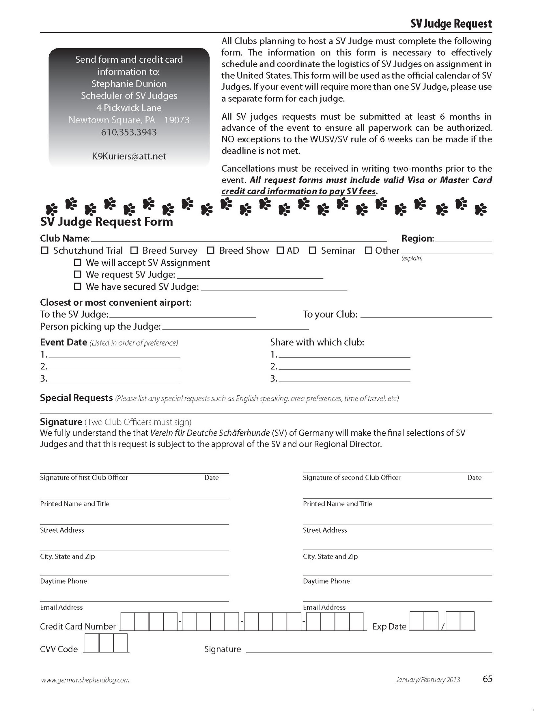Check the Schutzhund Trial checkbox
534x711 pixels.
point(45,250)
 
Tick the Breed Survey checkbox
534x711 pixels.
point(134,250)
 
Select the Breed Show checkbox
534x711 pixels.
point(210,250)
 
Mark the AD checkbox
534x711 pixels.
point(280,250)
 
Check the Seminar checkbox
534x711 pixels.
point(312,250)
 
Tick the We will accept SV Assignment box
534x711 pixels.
point(77,262)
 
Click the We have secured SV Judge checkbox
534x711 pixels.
point(77,286)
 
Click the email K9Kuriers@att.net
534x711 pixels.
point(129,156)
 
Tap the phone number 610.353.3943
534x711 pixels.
point(129,132)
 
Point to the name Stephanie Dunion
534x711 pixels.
point(129,84)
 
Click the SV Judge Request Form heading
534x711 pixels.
point(106,222)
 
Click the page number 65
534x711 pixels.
point(487,679)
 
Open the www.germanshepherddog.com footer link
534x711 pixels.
point(85,680)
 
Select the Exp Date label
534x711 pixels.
point(389,626)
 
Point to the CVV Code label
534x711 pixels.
point(59,649)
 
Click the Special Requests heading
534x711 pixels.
point(76,398)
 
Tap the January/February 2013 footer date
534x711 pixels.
point(428,680)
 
